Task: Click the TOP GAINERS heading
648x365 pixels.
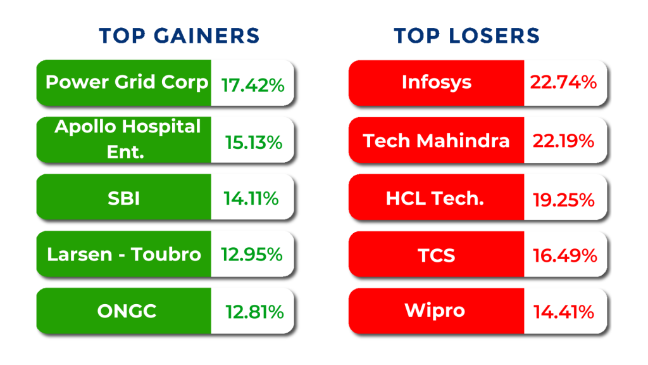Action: (x=179, y=35)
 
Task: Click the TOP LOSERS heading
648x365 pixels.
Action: (x=467, y=35)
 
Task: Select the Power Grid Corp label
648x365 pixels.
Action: (x=127, y=82)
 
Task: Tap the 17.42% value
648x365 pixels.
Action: (x=252, y=85)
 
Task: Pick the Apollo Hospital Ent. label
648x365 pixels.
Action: (x=127, y=139)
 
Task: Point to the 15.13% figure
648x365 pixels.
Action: (x=254, y=143)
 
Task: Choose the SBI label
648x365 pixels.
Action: (x=124, y=198)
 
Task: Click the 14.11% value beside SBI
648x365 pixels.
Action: (x=251, y=198)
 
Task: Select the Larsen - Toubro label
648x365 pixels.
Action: (x=124, y=254)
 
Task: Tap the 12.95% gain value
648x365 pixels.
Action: (x=251, y=254)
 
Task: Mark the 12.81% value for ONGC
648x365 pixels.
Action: (x=254, y=312)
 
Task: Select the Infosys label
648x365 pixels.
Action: (x=437, y=82)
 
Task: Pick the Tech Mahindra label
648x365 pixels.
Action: (x=436, y=140)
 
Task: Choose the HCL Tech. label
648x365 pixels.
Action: (x=435, y=198)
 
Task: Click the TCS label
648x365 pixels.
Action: (x=437, y=255)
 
